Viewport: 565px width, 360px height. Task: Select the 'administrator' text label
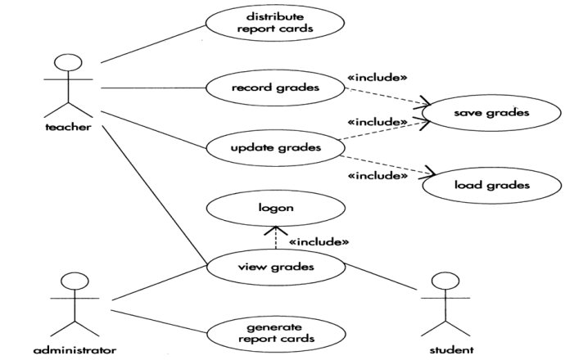coord(75,351)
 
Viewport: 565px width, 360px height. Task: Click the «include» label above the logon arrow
coord(319,242)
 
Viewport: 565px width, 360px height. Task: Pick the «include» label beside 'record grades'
coord(377,79)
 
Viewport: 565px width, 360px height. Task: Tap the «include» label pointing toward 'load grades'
coord(377,175)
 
